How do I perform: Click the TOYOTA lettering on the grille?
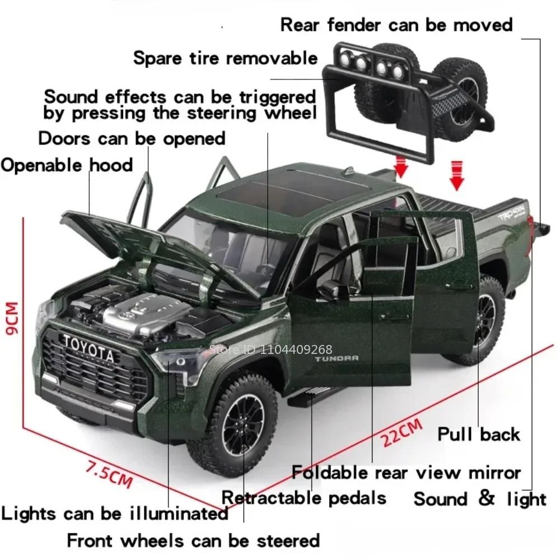click(87, 348)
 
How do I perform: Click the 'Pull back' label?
click(479, 434)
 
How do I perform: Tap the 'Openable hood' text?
click(67, 165)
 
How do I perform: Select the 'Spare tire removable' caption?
click(225, 58)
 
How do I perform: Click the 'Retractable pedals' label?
click(304, 497)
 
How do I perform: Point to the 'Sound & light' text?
click(480, 498)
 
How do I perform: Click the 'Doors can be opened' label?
click(132, 138)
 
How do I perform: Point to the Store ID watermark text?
click(271, 350)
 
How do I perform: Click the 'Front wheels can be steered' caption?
click(193, 541)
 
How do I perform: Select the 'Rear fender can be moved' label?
click(396, 25)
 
